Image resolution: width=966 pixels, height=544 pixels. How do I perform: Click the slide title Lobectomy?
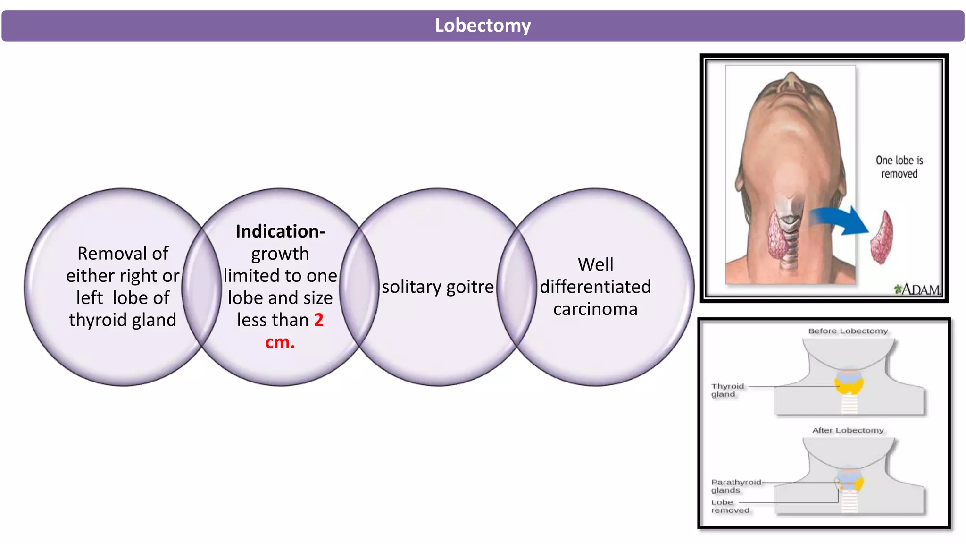click(x=483, y=25)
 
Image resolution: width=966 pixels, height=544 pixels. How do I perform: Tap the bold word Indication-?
click(x=280, y=231)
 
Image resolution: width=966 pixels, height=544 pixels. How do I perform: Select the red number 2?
click(x=319, y=320)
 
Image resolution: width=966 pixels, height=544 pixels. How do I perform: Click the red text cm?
click(x=280, y=342)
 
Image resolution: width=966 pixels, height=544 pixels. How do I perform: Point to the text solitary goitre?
click(x=438, y=287)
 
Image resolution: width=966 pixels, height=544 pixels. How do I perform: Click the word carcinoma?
click(x=595, y=309)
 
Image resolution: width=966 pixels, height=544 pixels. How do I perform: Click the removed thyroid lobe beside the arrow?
click(x=881, y=238)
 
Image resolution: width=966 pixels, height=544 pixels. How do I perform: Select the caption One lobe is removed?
click(x=899, y=167)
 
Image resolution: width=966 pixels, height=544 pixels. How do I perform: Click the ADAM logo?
click(x=917, y=289)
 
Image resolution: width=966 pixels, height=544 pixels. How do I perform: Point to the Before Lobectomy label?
click(x=848, y=331)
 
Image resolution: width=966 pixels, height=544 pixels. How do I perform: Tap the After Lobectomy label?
click(x=848, y=430)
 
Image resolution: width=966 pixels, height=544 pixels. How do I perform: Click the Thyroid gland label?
click(x=727, y=390)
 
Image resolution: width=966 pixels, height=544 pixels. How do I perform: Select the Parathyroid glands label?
click(x=735, y=486)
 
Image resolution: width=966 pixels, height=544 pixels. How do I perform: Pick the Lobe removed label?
click(x=730, y=506)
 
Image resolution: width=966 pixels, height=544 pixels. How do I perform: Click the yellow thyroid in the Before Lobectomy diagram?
click(x=849, y=384)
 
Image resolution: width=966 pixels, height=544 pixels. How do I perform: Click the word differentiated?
click(x=595, y=287)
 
